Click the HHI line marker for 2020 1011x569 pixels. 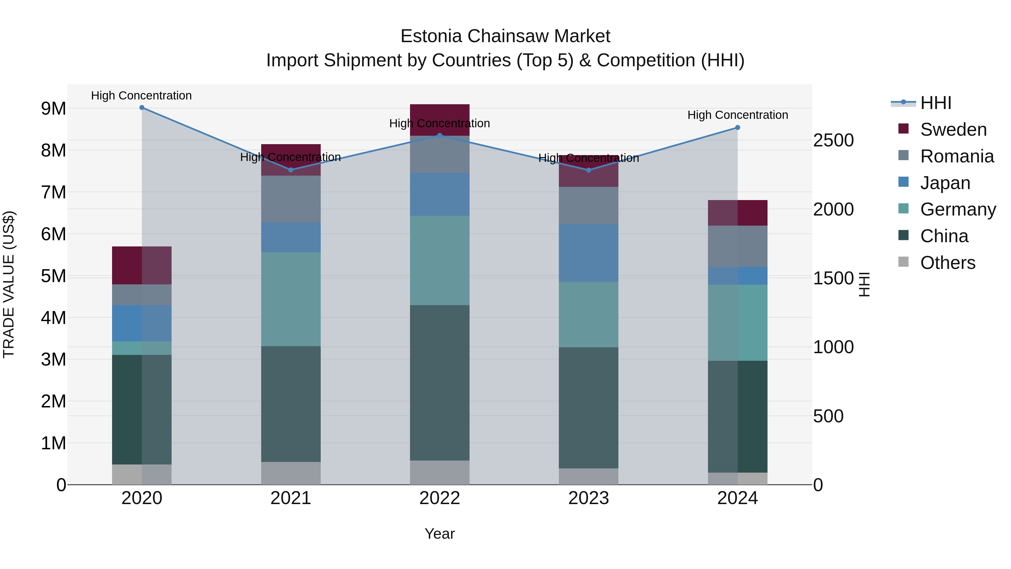(x=142, y=108)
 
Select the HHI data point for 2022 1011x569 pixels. (x=440, y=135)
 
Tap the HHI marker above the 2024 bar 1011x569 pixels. (x=737, y=128)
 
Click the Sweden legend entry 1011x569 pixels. (x=953, y=130)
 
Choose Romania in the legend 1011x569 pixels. (x=957, y=156)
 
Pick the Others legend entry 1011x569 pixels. (x=948, y=263)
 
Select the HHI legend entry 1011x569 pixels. (x=936, y=103)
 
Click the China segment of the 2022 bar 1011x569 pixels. (x=440, y=383)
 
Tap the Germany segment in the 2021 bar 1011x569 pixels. (x=291, y=299)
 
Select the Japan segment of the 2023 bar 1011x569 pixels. (x=588, y=253)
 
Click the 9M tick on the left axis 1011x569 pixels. (x=53, y=108)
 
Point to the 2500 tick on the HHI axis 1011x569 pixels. (x=833, y=140)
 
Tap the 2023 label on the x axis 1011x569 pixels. (x=588, y=498)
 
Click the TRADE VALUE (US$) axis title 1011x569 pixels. (x=9, y=284)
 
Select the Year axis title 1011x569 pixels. (x=440, y=534)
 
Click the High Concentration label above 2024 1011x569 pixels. (x=737, y=115)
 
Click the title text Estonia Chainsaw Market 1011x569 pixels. (x=505, y=36)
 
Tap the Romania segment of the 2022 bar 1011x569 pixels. (x=440, y=154)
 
